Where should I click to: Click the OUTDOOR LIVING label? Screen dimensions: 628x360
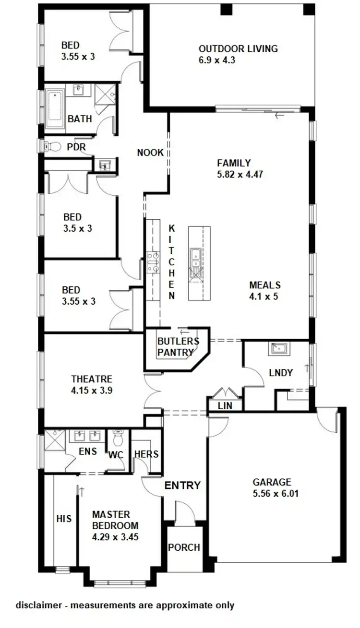click(x=238, y=48)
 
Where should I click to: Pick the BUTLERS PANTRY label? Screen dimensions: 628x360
click(x=178, y=347)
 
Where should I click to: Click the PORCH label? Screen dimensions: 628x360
click(x=184, y=547)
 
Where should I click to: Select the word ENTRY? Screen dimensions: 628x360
click(x=182, y=485)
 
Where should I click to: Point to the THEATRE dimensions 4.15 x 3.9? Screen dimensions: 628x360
click(x=92, y=391)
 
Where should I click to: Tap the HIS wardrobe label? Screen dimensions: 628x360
click(x=64, y=519)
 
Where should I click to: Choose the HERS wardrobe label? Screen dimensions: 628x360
click(x=146, y=454)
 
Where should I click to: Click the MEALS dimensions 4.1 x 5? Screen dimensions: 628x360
click(x=264, y=296)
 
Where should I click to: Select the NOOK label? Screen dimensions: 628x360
click(x=150, y=153)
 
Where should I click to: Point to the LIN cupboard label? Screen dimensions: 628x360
click(x=225, y=406)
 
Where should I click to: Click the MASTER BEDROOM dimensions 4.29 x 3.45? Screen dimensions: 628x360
click(x=115, y=537)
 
